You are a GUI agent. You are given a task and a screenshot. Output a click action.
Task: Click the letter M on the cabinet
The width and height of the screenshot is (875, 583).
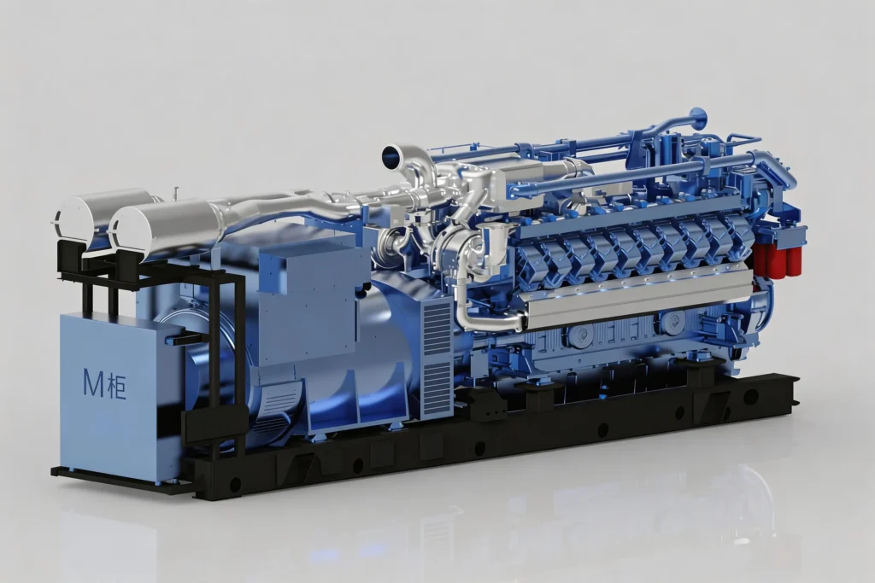(x=93, y=383)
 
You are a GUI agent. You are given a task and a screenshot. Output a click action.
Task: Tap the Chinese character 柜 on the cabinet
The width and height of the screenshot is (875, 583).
(x=116, y=385)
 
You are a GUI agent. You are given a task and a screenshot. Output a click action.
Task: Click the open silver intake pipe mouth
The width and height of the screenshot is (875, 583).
(x=396, y=155)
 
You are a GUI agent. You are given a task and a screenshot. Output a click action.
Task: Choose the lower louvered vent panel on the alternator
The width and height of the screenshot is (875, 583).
(x=437, y=388)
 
